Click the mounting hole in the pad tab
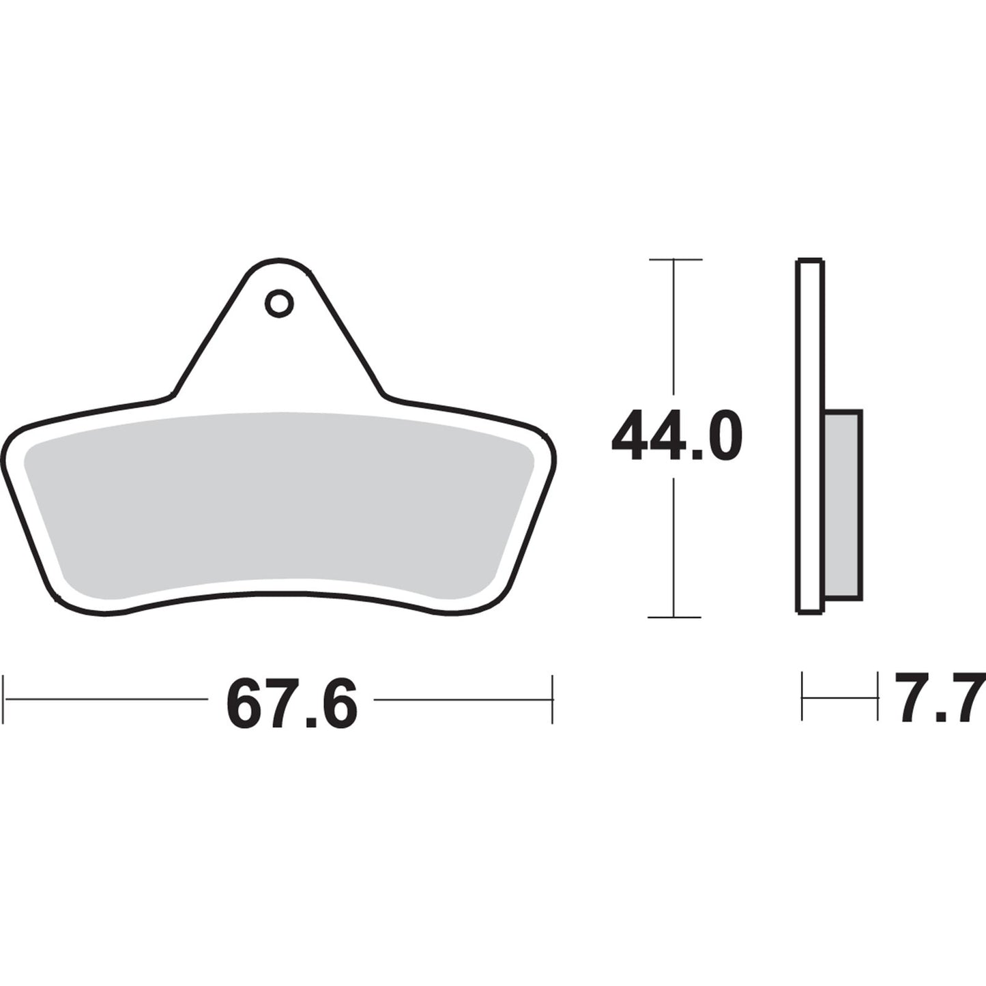[x=279, y=304]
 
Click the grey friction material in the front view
[x=278, y=498]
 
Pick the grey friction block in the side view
[x=843, y=505]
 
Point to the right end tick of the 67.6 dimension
[x=552, y=699]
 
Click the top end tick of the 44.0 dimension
[x=675, y=260]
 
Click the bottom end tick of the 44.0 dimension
[x=675, y=617]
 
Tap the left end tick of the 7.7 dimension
[x=802, y=697]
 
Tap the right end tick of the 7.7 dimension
[x=878, y=697]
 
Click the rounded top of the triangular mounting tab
[x=278, y=262]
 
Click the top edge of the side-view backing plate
[x=811, y=261]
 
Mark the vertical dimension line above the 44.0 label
[x=675, y=328]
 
